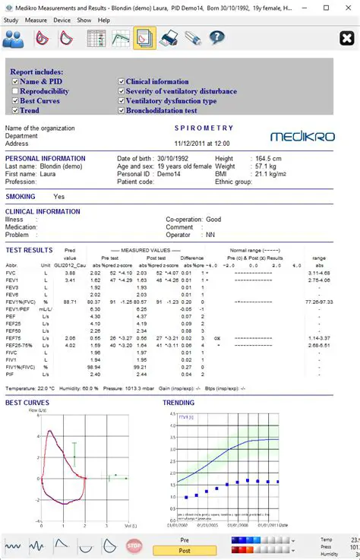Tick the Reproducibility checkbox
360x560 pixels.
point(14,91)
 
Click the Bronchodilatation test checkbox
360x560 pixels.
point(121,111)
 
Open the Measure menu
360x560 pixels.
point(36,20)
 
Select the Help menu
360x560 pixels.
point(104,20)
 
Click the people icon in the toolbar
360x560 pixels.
point(15,37)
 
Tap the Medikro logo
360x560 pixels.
point(300,136)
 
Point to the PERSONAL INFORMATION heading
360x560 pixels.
point(46,158)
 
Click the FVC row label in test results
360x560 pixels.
point(11,272)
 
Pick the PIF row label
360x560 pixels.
point(11,374)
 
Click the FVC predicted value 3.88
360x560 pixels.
point(70,272)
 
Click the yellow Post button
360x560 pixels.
point(185,551)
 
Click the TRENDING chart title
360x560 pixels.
point(178,403)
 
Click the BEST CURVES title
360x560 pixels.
point(27,403)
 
